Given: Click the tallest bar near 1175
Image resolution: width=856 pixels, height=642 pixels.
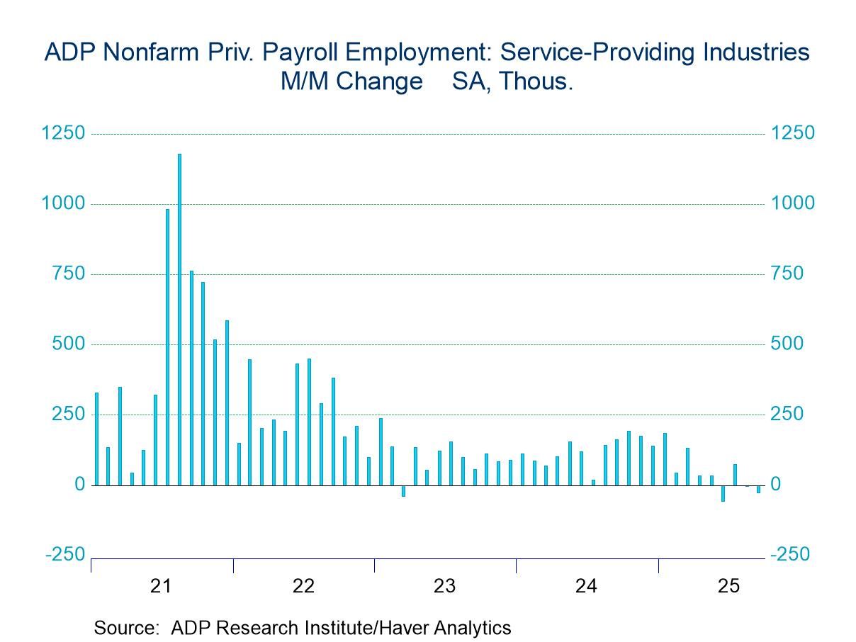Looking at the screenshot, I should pyautogui.click(x=179, y=319).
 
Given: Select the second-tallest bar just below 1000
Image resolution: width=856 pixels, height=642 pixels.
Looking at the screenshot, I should pyautogui.click(x=168, y=347).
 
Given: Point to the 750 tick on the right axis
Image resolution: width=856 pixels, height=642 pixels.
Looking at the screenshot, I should pyautogui.click(x=788, y=274).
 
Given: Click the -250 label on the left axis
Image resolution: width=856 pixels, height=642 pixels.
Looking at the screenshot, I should pyautogui.click(x=64, y=554).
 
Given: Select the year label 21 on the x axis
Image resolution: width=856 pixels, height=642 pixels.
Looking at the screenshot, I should pyautogui.click(x=162, y=586).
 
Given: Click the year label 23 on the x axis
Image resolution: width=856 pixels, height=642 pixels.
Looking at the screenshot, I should pyautogui.click(x=444, y=586).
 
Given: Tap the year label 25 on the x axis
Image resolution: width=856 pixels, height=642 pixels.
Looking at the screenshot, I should pyautogui.click(x=728, y=586).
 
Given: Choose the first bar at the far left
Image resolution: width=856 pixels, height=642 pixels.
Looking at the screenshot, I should pyautogui.click(x=96, y=439).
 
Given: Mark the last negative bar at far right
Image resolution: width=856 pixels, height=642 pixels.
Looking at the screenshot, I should pyautogui.click(x=758, y=489).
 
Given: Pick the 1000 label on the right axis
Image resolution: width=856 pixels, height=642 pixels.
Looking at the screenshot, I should pyautogui.click(x=793, y=203).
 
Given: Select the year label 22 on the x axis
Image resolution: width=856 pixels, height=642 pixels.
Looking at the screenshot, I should pyautogui.click(x=303, y=586).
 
